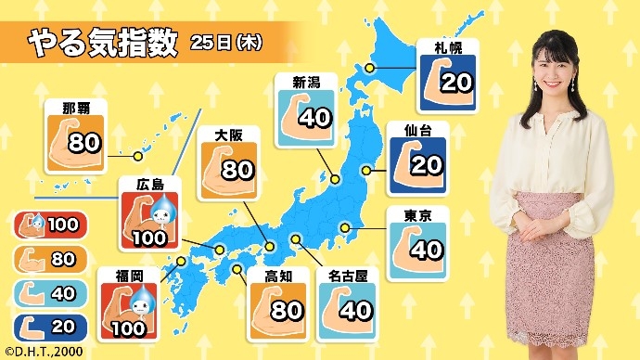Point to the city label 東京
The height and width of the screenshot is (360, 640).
pos(416,217)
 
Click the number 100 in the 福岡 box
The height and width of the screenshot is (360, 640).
pos(127,326)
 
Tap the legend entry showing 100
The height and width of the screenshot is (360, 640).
pos(51,224)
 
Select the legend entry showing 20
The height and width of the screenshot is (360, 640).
pos(51,325)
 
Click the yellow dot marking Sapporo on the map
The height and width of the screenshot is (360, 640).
pos(369,68)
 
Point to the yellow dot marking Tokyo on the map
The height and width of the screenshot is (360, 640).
pos(344,227)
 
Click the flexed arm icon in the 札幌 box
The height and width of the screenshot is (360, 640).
pos(436,80)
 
